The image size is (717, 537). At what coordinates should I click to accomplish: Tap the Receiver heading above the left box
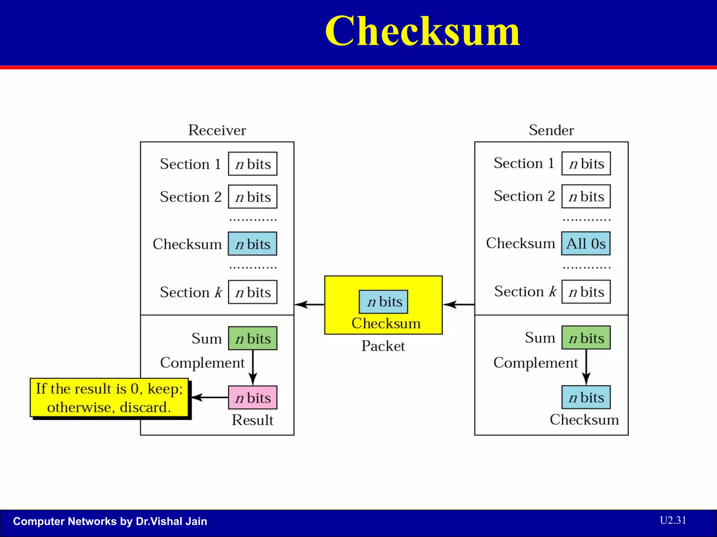click(x=217, y=130)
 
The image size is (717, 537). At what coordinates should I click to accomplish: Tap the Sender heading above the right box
click(x=551, y=130)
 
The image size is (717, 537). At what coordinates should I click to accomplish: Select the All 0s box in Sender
click(x=586, y=243)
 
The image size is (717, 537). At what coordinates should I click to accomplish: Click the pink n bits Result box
click(x=252, y=398)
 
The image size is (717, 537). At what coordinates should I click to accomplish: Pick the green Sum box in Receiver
click(x=252, y=338)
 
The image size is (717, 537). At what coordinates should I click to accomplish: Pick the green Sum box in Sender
click(x=586, y=338)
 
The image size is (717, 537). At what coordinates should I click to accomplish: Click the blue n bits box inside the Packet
click(x=383, y=302)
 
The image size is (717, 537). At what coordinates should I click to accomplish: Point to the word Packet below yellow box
click(x=383, y=346)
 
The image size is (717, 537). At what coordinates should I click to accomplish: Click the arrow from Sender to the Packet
click(x=459, y=305)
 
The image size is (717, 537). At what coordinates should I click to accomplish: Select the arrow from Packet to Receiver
click(x=309, y=305)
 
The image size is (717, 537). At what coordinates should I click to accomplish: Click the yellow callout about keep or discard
click(x=109, y=398)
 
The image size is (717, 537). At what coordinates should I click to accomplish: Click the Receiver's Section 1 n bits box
click(x=252, y=164)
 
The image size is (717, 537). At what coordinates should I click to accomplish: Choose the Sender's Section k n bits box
click(x=586, y=292)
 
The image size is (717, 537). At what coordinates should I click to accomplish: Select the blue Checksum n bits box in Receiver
click(x=252, y=244)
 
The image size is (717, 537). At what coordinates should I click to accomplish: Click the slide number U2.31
click(x=673, y=520)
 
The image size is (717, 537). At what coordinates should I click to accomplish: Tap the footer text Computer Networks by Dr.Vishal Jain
click(x=110, y=521)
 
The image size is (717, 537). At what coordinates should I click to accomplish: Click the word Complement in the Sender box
click(x=535, y=363)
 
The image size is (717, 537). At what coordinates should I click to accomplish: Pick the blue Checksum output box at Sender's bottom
click(x=586, y=397)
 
